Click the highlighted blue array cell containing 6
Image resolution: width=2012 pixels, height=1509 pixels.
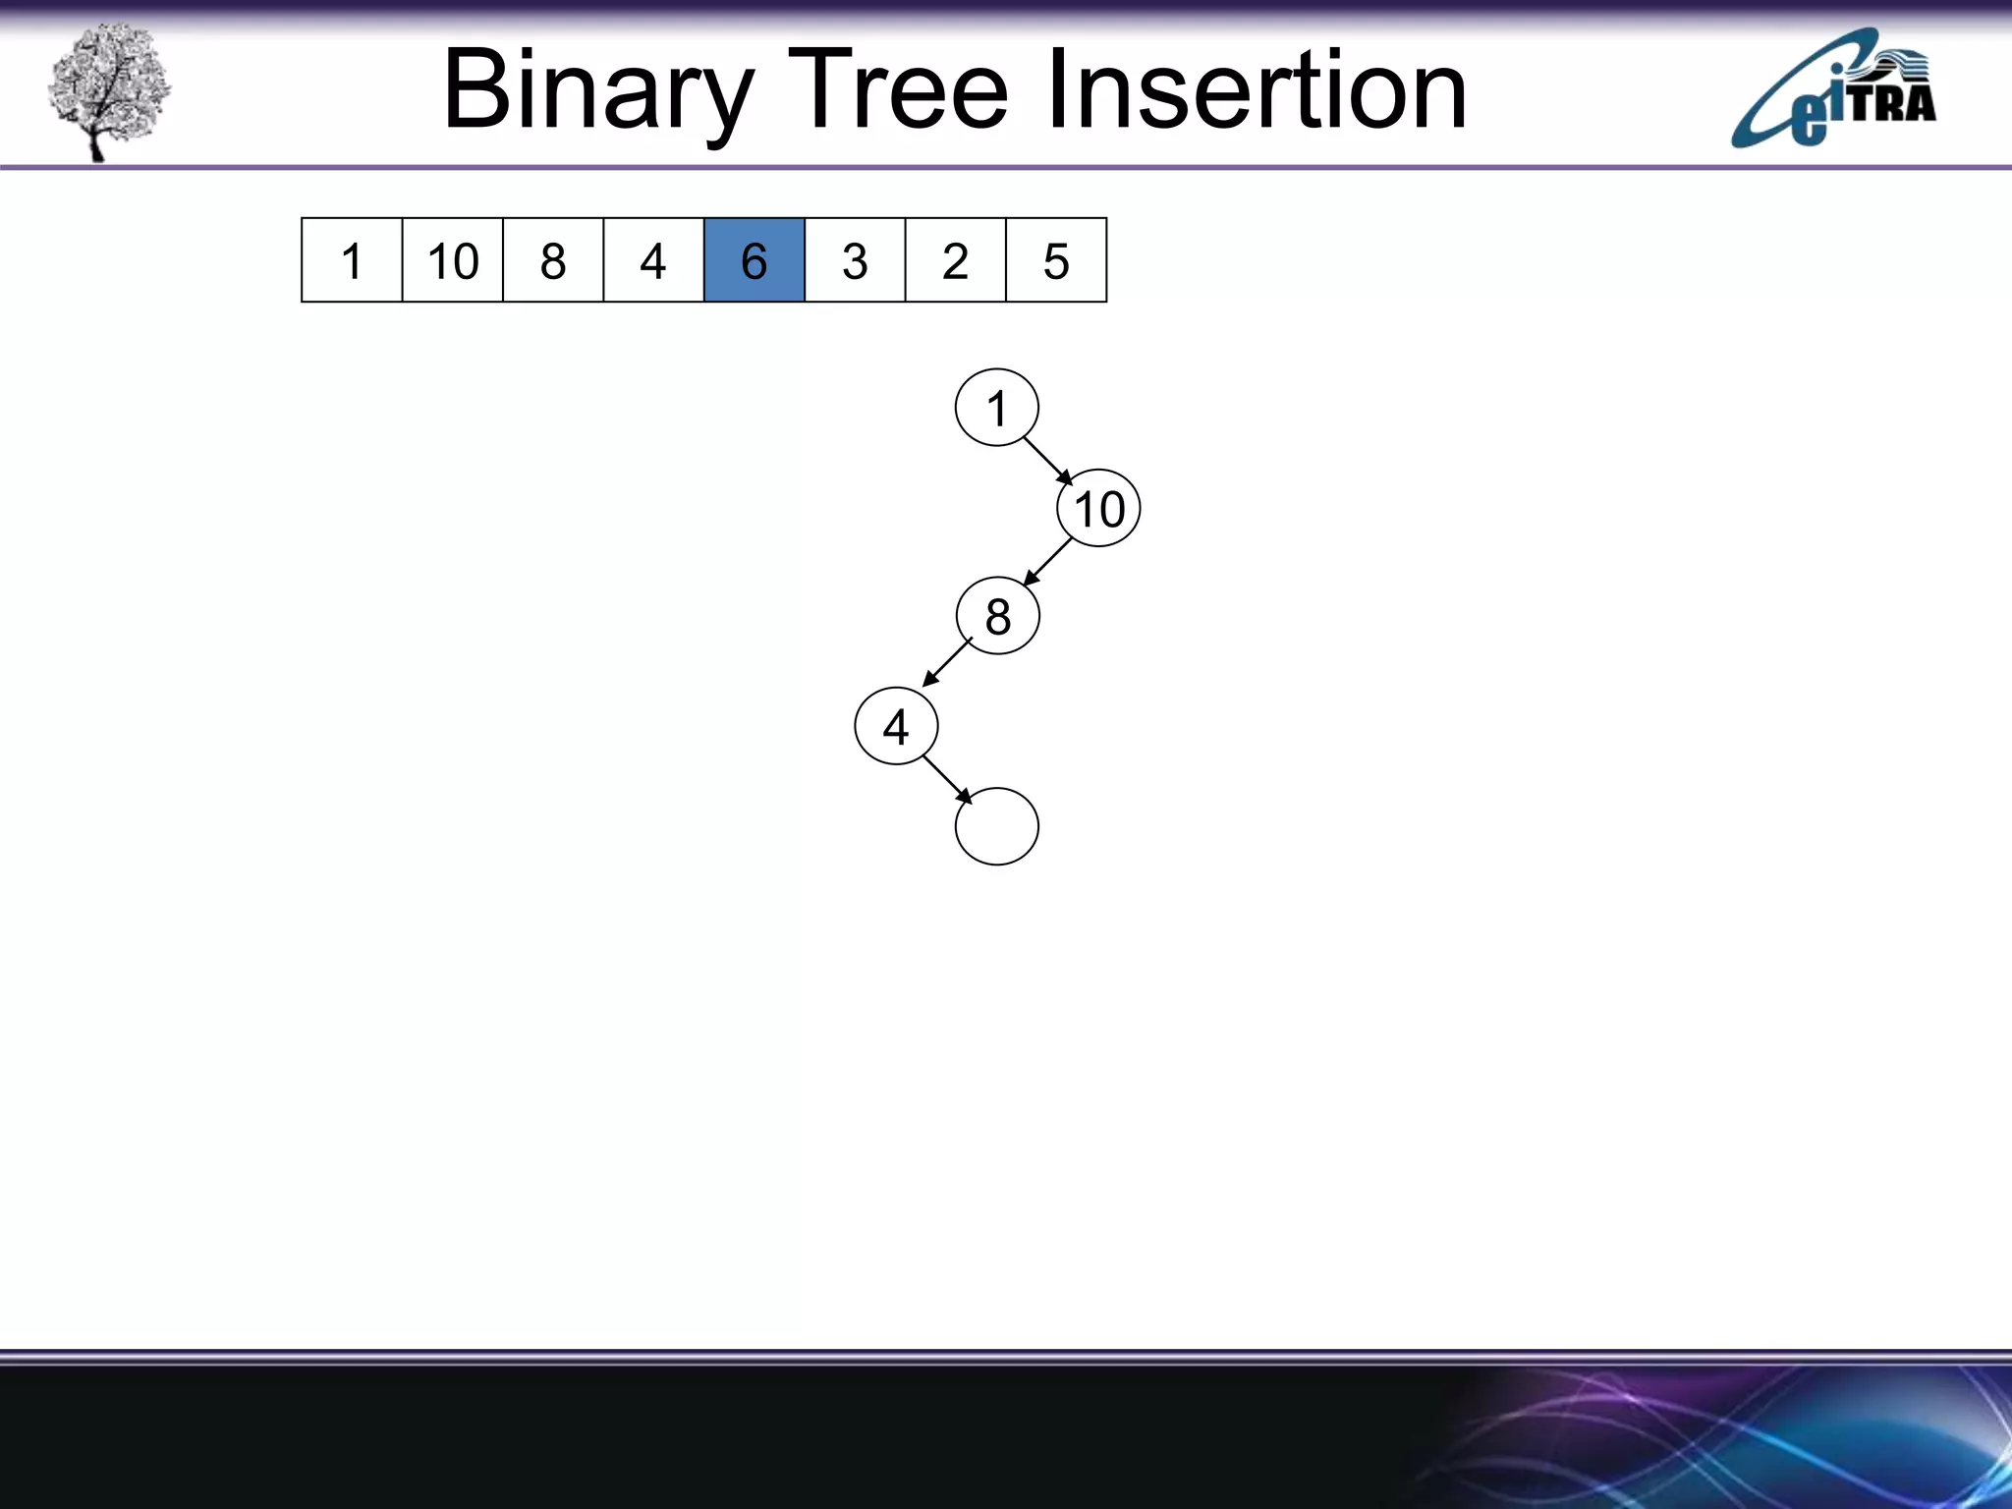754,260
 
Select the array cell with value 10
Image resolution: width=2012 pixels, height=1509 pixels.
452,260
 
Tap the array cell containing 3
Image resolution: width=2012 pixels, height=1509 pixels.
855,260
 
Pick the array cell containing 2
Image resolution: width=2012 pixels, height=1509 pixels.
955,260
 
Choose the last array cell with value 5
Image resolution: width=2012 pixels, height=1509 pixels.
1056,260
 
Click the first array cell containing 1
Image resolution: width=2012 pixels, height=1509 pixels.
351,260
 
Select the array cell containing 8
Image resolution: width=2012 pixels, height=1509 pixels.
553,260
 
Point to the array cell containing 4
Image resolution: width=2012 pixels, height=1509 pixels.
653,260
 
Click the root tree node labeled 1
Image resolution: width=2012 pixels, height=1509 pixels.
996,408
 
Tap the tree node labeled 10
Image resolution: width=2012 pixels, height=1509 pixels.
1098,509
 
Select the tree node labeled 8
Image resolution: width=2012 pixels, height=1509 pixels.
997,616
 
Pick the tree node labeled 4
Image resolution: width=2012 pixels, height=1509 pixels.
896,726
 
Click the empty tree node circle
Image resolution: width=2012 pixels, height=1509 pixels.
996,826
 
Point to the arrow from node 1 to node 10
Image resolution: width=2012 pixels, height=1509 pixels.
1047,461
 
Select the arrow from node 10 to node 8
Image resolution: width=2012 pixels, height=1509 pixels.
1047,562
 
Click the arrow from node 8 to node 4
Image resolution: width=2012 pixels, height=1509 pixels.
947,663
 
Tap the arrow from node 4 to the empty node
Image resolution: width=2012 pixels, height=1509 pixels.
947,779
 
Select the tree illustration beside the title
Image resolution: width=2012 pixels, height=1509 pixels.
108,91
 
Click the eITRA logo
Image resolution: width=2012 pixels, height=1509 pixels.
1833,90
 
